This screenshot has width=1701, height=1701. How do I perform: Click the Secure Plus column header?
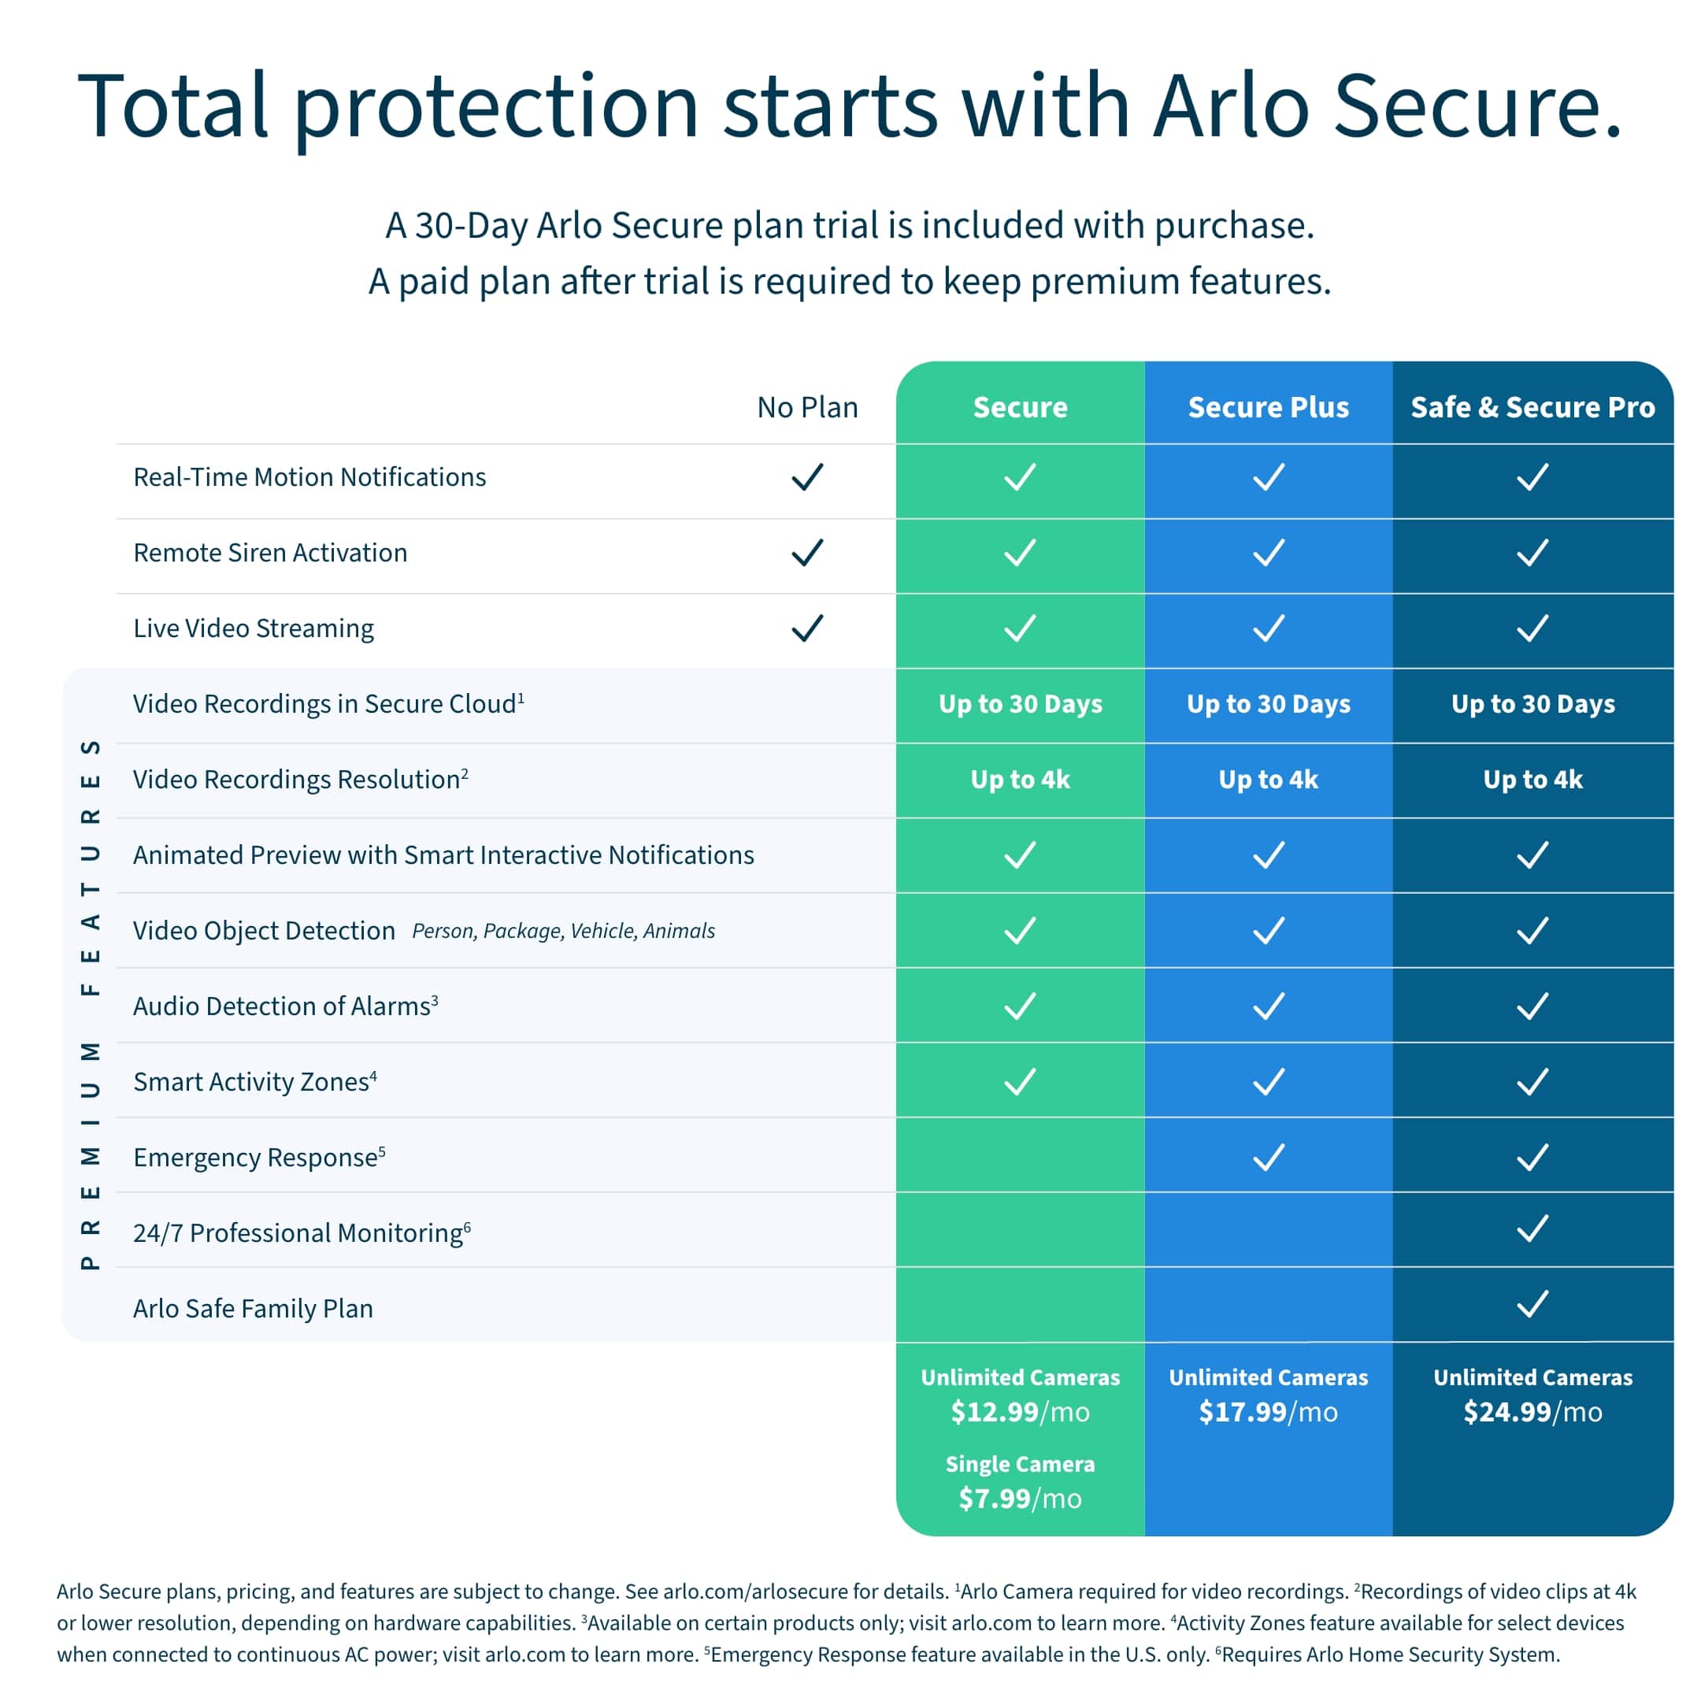[1268, 407]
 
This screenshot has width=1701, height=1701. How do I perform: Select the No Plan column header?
[807, 407]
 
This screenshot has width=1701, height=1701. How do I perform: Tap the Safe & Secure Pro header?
[1532, 407]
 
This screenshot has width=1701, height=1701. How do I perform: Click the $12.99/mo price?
[1020, 1412]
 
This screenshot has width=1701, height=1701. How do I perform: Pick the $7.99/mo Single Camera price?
[1020, 1499]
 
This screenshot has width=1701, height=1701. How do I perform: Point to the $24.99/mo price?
[1532, 1412]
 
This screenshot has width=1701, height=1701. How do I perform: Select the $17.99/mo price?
[1268, 1412]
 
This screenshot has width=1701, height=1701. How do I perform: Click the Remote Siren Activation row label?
[270, 553]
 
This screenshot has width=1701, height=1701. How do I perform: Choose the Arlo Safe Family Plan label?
[253, 1308]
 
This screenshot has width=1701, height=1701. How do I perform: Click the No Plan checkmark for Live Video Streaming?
[807, 628]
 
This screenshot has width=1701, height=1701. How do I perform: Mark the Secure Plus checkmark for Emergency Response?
[1268, 1157]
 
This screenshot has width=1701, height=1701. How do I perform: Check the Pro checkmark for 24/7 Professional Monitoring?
[1532, 1228]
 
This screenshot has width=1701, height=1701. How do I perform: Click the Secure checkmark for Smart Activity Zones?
[1020, 1081]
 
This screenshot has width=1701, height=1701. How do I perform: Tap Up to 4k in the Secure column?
[1020, 779]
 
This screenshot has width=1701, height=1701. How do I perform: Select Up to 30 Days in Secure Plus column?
[1268, 703]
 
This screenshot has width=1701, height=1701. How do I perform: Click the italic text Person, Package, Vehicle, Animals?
[564, 931]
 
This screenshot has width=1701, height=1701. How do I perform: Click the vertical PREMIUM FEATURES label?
[90, 1004]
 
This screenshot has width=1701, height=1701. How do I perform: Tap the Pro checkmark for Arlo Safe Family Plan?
[1532, 1304]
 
